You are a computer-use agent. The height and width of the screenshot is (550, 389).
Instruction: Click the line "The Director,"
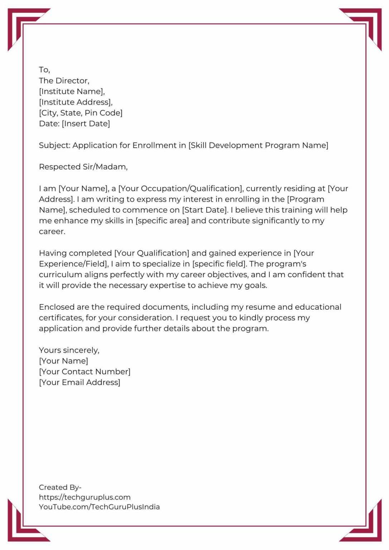(64, 81)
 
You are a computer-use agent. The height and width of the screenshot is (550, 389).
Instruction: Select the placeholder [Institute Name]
(71, 92)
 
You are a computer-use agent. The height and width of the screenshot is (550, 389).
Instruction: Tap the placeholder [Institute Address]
(75, 102)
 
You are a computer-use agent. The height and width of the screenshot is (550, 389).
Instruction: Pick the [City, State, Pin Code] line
(81, 113)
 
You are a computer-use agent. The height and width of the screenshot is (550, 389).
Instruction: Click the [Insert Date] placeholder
(86, 124)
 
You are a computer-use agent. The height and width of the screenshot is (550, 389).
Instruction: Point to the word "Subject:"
(54, 145)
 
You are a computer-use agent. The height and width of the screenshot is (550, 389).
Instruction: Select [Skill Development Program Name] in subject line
(258, 145)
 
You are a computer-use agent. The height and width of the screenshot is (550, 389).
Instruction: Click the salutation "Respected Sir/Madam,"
(83, 167)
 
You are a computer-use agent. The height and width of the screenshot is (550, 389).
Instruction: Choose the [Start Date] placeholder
(205, 210)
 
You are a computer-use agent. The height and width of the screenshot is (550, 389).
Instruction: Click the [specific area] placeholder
(162, 221)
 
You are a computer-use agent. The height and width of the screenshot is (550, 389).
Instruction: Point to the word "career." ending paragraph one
(52, 232)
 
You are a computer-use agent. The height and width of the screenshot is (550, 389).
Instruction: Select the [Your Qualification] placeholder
(152, 253)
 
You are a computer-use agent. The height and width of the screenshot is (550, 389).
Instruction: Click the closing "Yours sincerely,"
(69, 350)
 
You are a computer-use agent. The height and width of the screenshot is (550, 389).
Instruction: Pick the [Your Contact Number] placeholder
(85, 372)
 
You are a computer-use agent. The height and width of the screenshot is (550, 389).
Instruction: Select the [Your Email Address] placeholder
(80, 382)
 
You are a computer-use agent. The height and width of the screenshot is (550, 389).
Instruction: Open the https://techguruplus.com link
(85, 497)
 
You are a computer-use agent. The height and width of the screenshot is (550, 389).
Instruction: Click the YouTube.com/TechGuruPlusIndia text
(99, 507)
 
